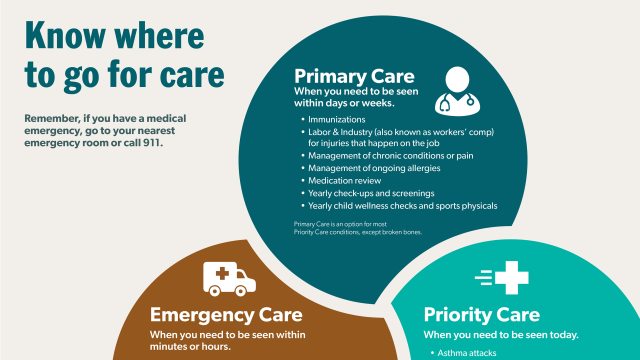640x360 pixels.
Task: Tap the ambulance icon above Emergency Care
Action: [229, 277]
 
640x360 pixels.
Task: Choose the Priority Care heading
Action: [482, 314]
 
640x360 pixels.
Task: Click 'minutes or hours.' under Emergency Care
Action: [190, 347]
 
